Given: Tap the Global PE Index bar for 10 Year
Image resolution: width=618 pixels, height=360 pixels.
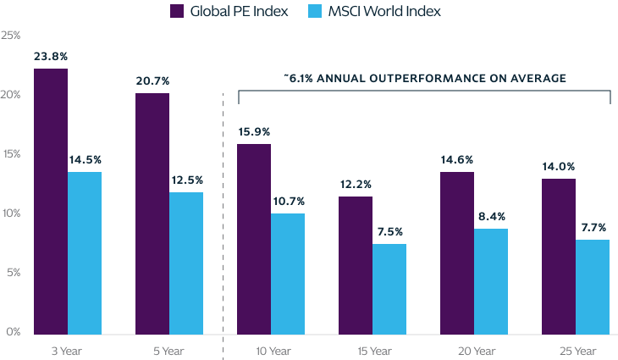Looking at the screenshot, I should coord(253,237).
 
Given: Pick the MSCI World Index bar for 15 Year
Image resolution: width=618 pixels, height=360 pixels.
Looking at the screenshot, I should coord(389,288).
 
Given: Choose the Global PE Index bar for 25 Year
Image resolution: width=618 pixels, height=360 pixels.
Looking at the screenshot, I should coord(558,255).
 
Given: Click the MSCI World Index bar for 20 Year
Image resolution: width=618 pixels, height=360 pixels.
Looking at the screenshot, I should coord(490,280).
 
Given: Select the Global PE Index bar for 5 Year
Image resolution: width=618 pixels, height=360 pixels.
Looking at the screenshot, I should coord(152,212).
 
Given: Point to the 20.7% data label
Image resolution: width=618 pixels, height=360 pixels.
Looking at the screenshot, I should coord(152,80).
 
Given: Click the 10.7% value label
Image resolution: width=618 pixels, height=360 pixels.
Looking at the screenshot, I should coord(288,201).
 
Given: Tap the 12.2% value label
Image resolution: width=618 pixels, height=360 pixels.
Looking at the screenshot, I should coord(356,184).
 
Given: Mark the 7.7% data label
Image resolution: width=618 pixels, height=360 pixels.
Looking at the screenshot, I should coord(593,227).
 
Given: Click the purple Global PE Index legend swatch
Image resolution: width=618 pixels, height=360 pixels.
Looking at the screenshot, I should coord(179,11).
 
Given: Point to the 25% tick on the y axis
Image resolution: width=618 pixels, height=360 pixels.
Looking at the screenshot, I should coord(11,36).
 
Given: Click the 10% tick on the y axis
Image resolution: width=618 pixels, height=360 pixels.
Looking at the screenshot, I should coord(11,213).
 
